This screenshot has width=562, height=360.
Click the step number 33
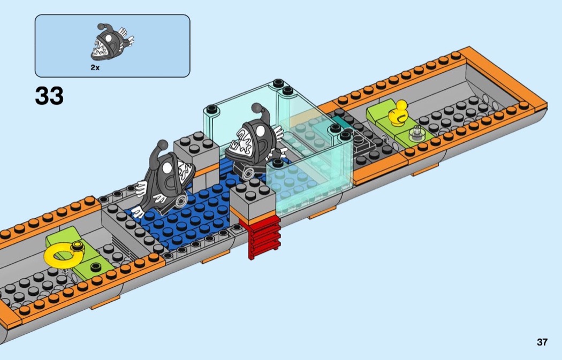click(49, 96)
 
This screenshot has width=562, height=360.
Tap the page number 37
click(542, 342)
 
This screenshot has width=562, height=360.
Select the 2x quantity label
click(95, 67)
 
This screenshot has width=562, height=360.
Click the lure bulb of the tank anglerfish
click(257, 108)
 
